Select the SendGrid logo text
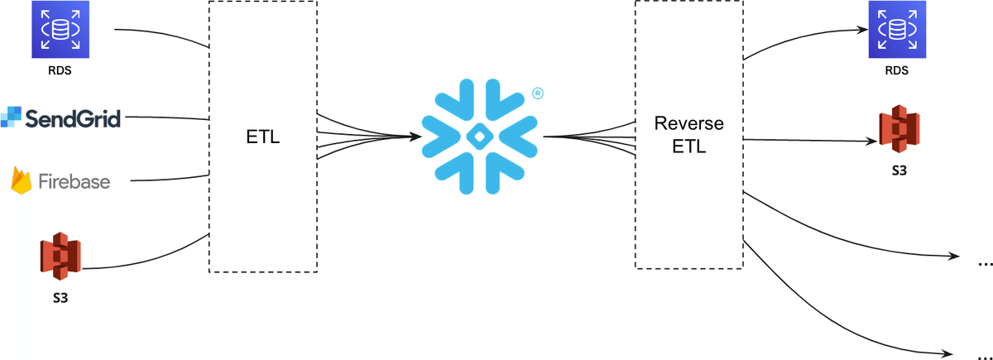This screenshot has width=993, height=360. pyautogui.click(x=74, y=118)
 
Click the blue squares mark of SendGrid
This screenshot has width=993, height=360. pyautogui.click(x=11, y=117)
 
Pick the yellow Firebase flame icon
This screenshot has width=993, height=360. pyautogui.click(x=21, y=180)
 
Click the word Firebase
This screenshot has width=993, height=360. pyautogui.click(x=74, y=181)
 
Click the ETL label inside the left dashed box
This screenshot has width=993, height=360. pyautogui.click(x=263, y=137)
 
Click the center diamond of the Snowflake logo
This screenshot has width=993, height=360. pyautogui.click(x=477, y=137)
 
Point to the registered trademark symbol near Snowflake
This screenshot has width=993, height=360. pyautogui.click(x=537, y=94)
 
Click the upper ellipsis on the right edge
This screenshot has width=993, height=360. pyautogui.click(x=985, y=264)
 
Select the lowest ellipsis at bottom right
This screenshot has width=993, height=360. pyautogui.click(x=985, y=352)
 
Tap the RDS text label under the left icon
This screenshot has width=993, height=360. pyautogui.click(x=60, y=70)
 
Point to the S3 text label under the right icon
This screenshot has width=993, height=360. pyautogui.click(x=898, y=170)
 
